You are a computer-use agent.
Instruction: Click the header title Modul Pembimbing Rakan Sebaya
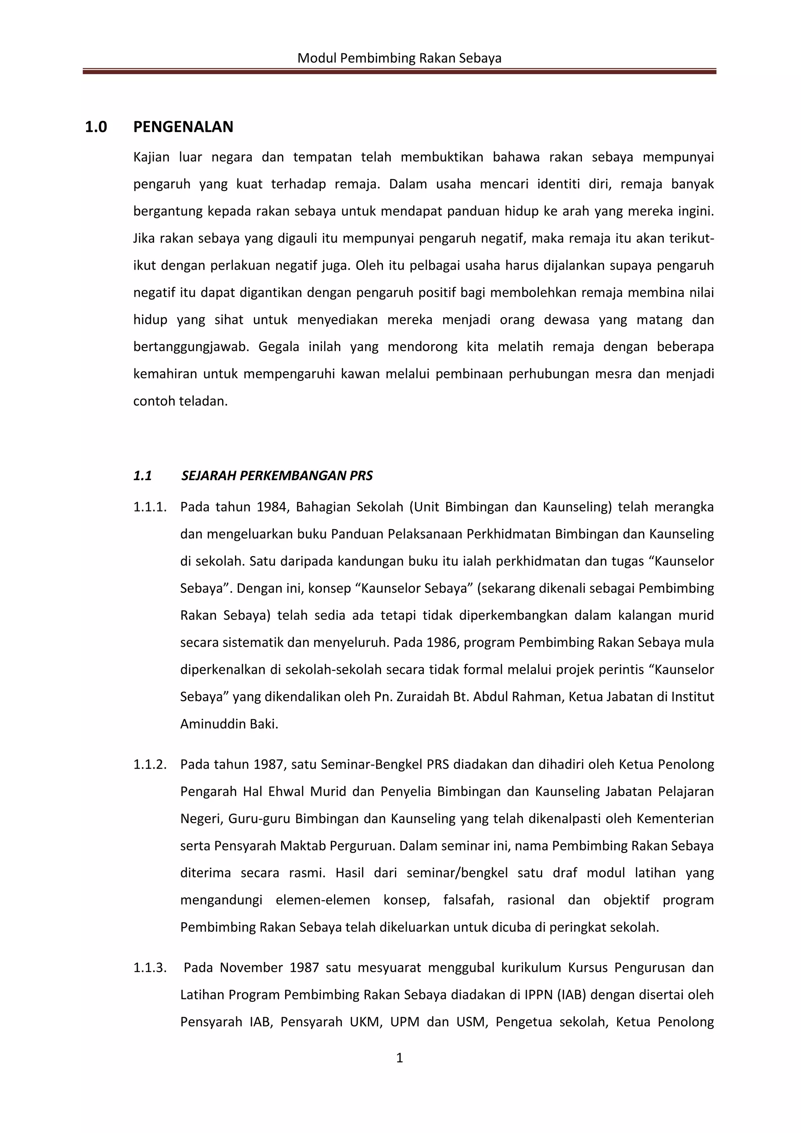(x=399, y=59)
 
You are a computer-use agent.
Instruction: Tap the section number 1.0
(x=96, y=127)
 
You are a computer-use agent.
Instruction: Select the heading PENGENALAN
(x=183, y=127)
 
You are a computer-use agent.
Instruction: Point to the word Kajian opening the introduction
(x=151, y=157)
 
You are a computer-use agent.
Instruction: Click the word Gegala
(x=279, y=347)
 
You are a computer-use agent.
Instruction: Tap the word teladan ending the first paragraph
(x=204, y=401)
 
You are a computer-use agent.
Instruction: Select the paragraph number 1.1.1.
(x=150, y=507)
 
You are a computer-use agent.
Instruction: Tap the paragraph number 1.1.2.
(x=150, y=765)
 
